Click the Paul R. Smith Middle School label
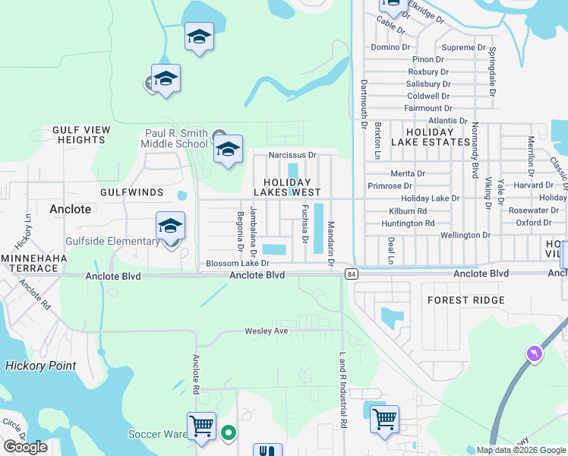click(x=176, y=138)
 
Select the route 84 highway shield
click(x=350, y=273)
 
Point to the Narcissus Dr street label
click(x=292, y=155)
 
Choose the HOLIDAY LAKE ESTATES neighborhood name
click(x=430, y=137)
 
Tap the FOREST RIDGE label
click(x=465, y=300)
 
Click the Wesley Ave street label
click(x=266, y=331)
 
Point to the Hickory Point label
click(x=41, y=366)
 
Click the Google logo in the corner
click(x=25, y=447)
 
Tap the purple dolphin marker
click(x=534, y=353)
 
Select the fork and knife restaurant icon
click(x=267, y=450)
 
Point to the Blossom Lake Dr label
click(x=238, y=264)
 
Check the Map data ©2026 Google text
click(x=520, y=450)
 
